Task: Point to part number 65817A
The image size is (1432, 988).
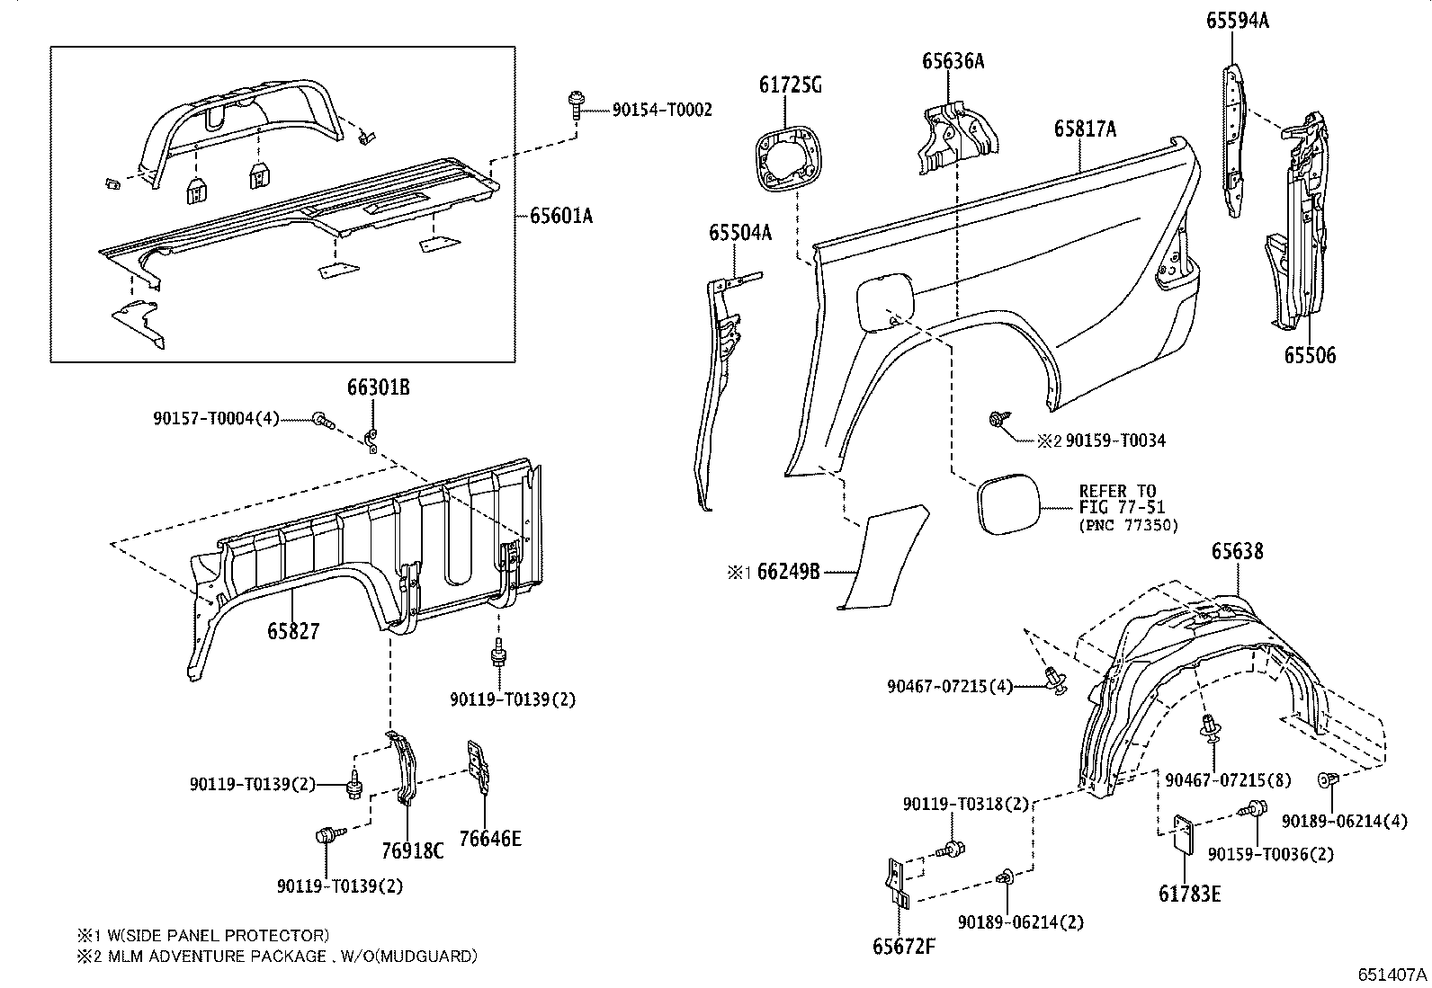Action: pyautogui.click(x=1085, y=129)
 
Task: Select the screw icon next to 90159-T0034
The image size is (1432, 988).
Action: pyautogui.click(x=998, y=419)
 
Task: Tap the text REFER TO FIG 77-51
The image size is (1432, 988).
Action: pyautogui.click(x=1117, y=499)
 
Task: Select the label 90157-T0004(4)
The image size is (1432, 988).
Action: pyautogui.click(x=216, y=418)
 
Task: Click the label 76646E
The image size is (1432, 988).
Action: pyautogui.click(x=489, y=839)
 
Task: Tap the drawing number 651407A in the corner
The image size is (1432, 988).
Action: pyautogui.click(x=1392, y=975)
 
